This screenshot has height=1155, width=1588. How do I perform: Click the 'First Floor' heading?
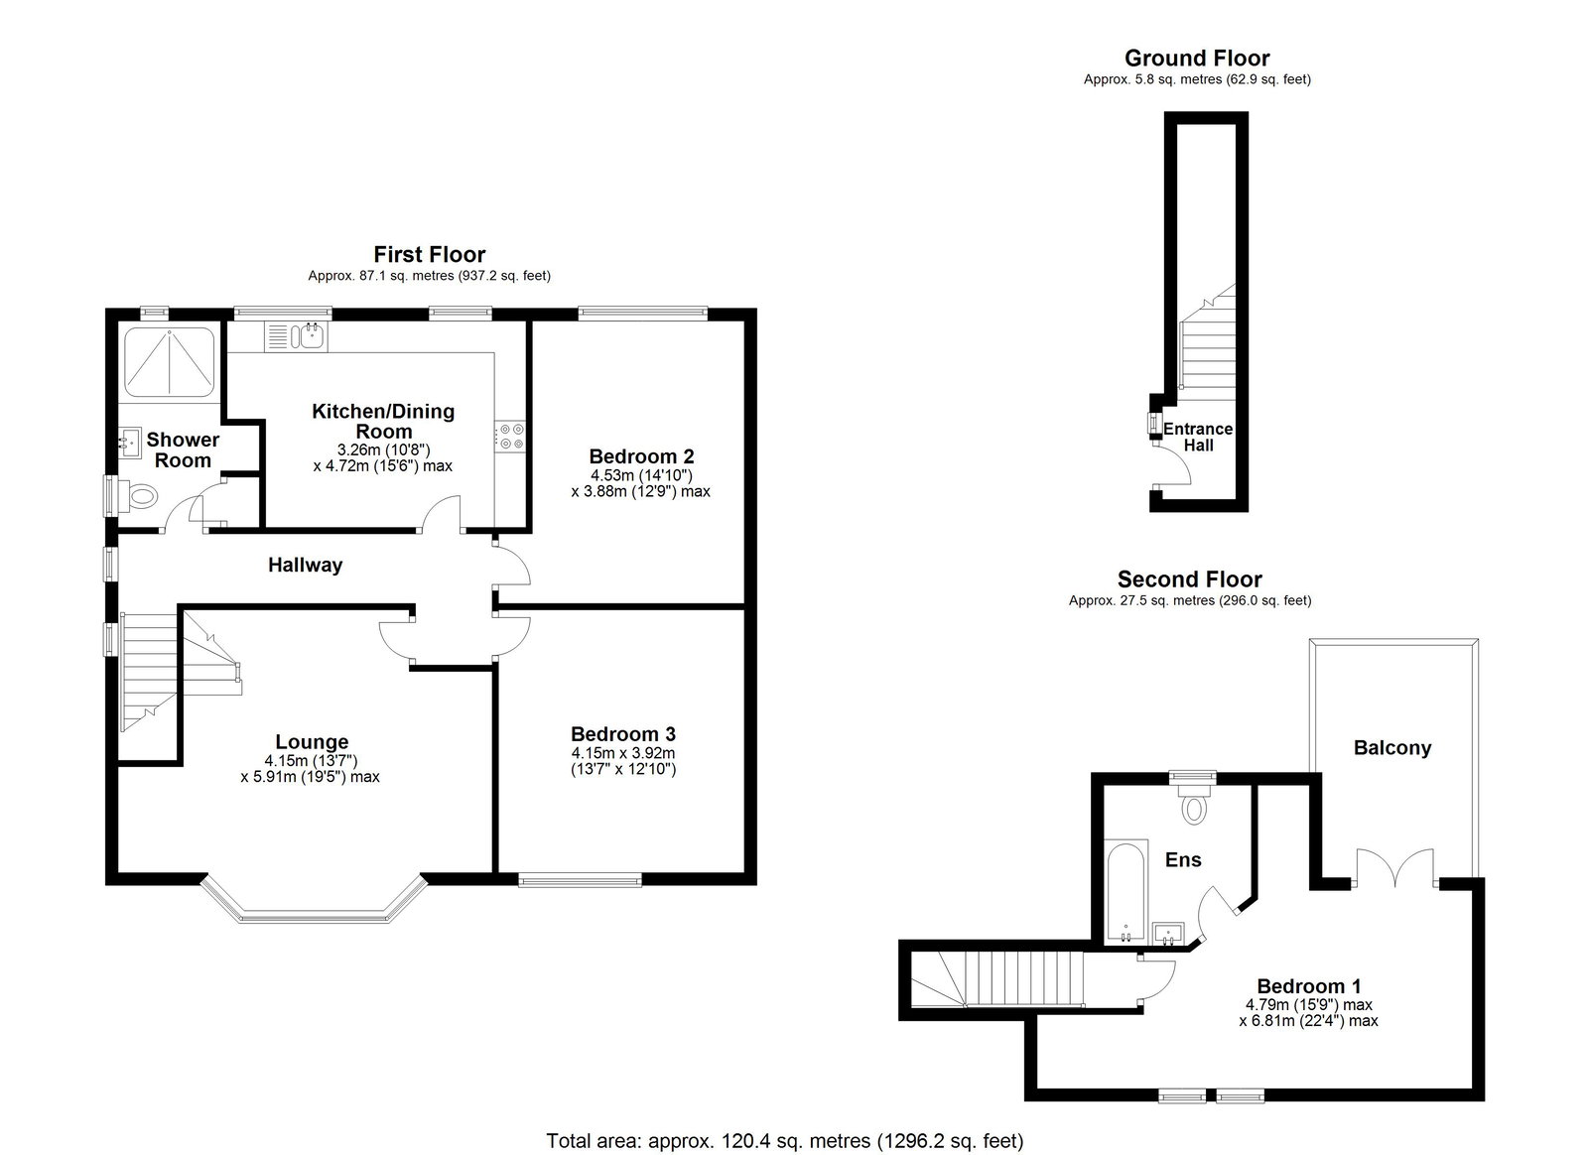click(430, 254)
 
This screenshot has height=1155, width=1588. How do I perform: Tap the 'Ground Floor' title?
click(1197, 58)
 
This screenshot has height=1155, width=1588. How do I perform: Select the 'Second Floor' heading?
click(1190, 578)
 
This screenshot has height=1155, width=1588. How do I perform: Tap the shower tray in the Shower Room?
click(170, 362)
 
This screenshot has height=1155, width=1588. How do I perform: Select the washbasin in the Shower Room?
click(129, 444)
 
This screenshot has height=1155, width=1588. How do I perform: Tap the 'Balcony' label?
click(1392, 747)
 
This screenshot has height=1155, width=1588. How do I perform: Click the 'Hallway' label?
click(305, 565)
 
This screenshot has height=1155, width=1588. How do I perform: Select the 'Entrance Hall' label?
click(1198, 438)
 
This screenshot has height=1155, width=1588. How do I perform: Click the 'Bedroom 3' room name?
click(623, 733)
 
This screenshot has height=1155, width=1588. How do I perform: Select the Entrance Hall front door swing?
click(1172, 464)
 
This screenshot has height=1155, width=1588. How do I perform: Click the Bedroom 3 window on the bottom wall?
click(580, 880)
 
